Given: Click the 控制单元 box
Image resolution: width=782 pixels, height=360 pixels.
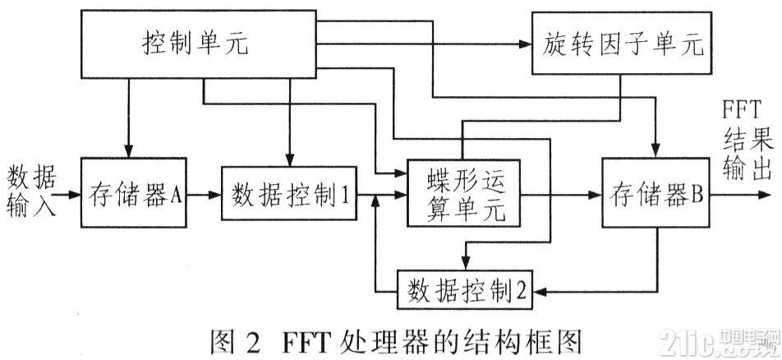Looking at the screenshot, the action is tap(199, 44).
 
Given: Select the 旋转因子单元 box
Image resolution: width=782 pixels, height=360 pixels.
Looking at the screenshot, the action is tap(621, 44).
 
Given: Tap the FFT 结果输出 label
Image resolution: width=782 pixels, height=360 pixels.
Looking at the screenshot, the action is tap(744, 139).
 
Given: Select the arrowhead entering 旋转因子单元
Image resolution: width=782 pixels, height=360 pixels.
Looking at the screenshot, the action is tap(525, 44).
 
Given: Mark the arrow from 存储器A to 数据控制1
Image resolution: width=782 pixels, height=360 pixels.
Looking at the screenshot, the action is tap(205, 195).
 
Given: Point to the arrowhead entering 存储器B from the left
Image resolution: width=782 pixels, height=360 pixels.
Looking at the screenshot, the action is tap(595, 195).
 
